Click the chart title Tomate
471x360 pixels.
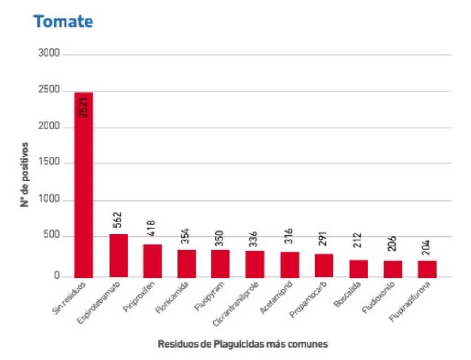click(63, 22)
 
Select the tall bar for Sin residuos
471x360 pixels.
click(84, 185)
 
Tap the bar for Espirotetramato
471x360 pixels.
click(119, 256)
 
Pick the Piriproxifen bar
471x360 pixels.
click(152, 261)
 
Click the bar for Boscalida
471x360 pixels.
click(358, 269)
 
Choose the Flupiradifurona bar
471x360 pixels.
click(427, 269)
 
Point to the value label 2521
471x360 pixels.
click(84, 108)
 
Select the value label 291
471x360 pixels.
click(323, 239)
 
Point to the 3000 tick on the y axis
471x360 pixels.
click(49, 54)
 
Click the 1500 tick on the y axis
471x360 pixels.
click(49, 162)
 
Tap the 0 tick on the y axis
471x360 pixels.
click(57, 276)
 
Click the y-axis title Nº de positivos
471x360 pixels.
click(24, 174)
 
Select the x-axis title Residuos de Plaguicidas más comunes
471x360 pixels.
click(243, 344)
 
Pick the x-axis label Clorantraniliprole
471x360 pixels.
click(235, 304)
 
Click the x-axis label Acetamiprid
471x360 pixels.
click(276, 297)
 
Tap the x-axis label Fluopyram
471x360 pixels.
click(209, 296)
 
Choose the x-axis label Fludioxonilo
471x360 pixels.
click(379, 297)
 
